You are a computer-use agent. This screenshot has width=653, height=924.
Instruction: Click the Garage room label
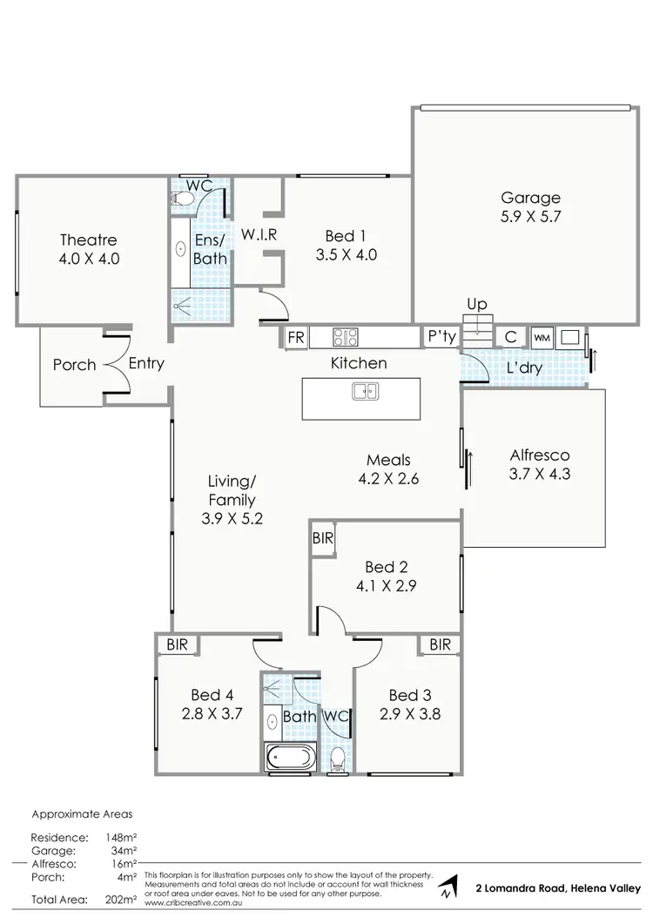tap(530, 198)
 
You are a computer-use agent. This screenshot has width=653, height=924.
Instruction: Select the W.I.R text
tap(259, 236)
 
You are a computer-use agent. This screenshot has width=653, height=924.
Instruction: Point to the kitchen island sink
tap(365, 391)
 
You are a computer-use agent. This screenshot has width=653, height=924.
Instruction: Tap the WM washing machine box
tap(541, 337)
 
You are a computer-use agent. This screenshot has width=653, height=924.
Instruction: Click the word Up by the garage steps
tap(477, 305)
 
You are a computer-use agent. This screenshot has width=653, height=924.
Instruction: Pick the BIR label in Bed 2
tap(323, 539)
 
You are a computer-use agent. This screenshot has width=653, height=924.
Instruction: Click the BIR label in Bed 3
tap(440, 644)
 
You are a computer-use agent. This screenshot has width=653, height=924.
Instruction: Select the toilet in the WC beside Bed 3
tap(337, 759)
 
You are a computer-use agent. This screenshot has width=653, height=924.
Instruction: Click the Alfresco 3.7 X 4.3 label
tap(539, 464)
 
